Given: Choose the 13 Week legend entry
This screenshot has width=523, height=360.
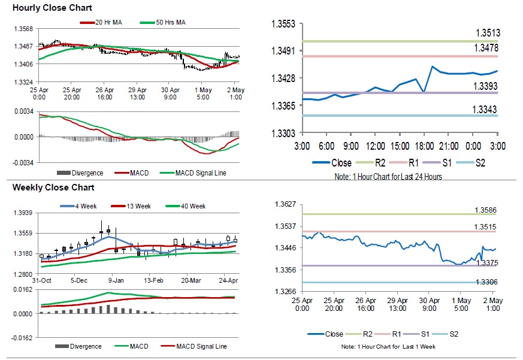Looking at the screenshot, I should (x=138, y=206).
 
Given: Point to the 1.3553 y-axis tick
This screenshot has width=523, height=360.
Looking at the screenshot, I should (x=284, y=25).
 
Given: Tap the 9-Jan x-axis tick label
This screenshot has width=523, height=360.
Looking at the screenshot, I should (x=116, y=280).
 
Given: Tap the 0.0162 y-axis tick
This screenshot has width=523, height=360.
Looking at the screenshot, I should (x=23, y=289).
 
